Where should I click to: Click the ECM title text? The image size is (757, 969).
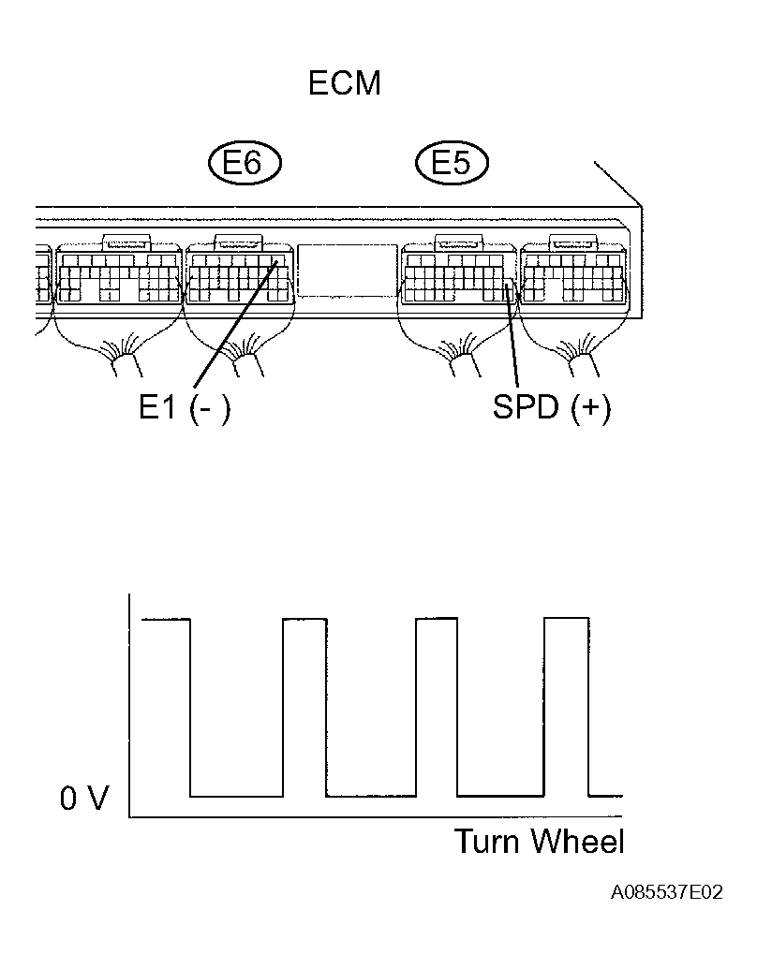[x=345, y=83]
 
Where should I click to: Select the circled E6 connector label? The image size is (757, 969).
[x=245, y=163]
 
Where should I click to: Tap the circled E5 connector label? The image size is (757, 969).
[x=452, y=163]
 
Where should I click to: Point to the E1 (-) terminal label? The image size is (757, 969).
[x=185, y=408]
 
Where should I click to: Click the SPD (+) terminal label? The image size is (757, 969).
[x=552, y=408]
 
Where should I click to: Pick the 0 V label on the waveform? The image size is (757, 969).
[x=84, y=799]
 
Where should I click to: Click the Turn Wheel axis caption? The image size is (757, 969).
[x=540, y=842]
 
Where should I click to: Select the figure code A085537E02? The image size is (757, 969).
[x=667, y=892]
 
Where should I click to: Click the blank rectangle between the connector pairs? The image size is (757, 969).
[x=347, y=270]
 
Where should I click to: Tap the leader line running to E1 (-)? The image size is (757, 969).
[x=236, y=324]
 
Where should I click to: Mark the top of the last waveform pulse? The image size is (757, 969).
[x=567, y=618]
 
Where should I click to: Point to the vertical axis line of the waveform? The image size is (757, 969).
[x=129, y=705]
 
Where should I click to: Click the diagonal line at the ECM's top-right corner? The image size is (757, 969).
[x=618, y=184]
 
